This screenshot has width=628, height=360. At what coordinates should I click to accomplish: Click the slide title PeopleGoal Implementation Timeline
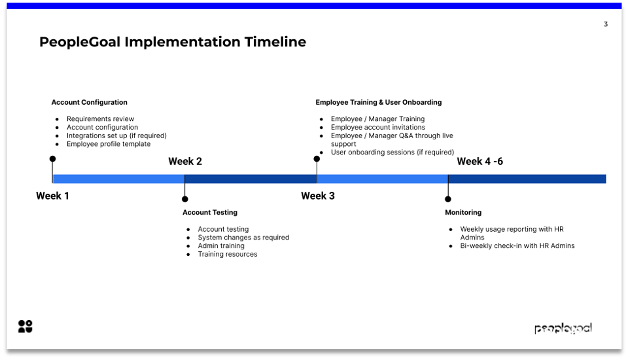pos(173,42)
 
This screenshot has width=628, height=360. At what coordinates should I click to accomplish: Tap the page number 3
pos(605,24)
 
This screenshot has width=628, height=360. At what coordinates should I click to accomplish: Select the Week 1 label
pos(52,196)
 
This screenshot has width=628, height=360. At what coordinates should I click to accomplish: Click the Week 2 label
pos(185,162)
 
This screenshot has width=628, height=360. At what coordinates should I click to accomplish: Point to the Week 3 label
pos(318,196)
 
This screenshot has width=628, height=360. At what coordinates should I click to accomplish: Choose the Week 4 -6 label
pos(480,162)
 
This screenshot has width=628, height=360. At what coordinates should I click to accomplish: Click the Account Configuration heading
pos(89,102)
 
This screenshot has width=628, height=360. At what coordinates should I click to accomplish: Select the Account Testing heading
pos(209,212)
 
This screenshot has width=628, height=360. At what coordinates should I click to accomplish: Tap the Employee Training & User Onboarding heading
pos(378,102)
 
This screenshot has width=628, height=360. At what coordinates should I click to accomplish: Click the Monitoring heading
pos(463,212)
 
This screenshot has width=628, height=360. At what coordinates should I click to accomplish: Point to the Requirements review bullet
pos(100,119)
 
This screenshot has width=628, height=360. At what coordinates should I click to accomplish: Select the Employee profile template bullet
pos(108,144)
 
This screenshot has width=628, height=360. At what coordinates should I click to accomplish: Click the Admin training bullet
pos(221,246)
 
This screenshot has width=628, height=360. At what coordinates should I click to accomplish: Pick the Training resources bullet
pos(228,254)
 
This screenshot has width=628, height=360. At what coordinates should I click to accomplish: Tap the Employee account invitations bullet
pos(377,127)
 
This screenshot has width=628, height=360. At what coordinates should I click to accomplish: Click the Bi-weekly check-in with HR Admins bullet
pos(517,246)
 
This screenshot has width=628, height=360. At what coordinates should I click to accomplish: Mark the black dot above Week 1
pos(52,159)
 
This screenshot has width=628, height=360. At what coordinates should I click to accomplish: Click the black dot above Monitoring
pos(448,199)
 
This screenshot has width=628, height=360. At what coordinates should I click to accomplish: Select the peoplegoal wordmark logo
pos(563,329)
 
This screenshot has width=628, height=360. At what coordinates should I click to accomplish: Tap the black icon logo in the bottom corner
pos(25,327)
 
